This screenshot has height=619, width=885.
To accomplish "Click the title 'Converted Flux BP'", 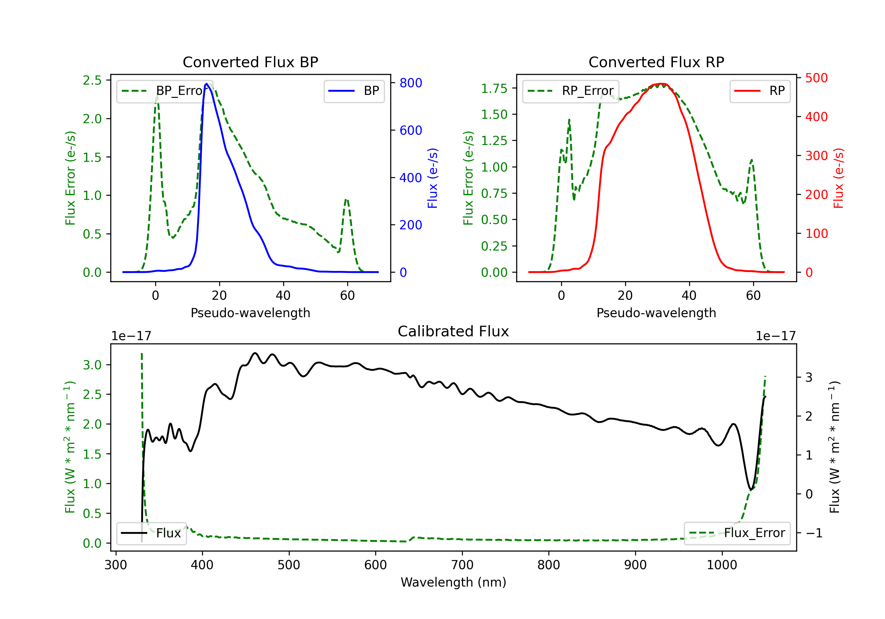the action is click(x=250, y=62).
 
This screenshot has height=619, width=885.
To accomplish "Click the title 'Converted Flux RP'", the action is click(x=656, y=62).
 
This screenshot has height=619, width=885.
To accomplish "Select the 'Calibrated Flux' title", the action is click(x=453, y=331).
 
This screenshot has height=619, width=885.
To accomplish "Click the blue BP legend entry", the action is click(x=354, y=91).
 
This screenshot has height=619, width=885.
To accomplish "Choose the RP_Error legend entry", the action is click(x=571, y=91).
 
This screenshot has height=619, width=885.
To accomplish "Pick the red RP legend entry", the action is click(x=760, y=91).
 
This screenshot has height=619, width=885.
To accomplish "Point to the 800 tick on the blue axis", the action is click(x=411, y=83).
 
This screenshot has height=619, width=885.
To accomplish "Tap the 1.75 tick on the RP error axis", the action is click(x=494, y=89).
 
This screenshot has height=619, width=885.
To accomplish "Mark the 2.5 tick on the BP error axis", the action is click(x=92, y=80).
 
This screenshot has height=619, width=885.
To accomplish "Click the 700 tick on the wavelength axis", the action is click(x=462, y=565).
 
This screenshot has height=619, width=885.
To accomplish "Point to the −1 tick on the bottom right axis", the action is click(x=814, y=533).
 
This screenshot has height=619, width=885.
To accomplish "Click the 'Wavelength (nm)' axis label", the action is click(x=453, y=582).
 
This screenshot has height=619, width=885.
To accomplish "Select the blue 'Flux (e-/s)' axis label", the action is click(x=432, y=178).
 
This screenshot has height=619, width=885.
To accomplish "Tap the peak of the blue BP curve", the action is click(x=206, y=84).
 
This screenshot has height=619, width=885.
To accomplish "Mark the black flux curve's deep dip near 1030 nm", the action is click(x=750, y=490).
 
